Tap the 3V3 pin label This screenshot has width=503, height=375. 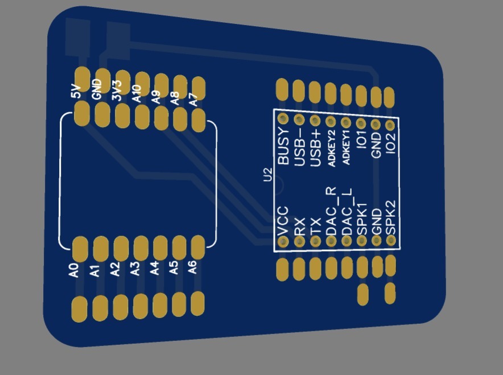pyautogui.click(x=117, y=93)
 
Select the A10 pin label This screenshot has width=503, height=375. pyautogui.click(x=137, y=94)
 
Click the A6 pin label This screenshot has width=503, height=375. pyautogui.click(x=193, y=266)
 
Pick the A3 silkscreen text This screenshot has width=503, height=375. pyautogui.click(x=135, y=269)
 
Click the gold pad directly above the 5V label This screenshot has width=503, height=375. pyautogui.click(x=82, y=76)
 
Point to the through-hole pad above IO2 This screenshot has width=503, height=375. pyautogui.click(x=390, y=125)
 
